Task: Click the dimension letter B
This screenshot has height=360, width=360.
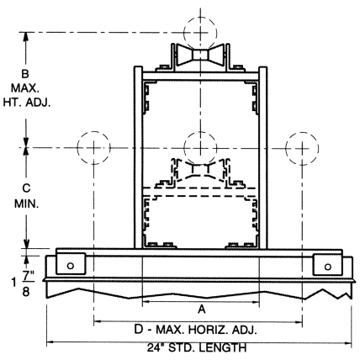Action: [25, 73]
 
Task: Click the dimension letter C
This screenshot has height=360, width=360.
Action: [25, 188]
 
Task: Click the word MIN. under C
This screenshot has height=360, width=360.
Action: [25, 203]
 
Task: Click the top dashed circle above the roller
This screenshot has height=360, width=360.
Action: [199, 32]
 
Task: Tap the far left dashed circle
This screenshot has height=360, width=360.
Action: [92, 147]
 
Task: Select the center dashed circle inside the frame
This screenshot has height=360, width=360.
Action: [199, 147]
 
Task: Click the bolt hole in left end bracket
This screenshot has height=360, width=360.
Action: [70, 265]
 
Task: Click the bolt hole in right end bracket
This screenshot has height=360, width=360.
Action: [328, 265]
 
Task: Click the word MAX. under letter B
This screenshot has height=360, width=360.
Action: [26, 87]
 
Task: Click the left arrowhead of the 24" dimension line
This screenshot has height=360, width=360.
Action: [50, 341]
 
